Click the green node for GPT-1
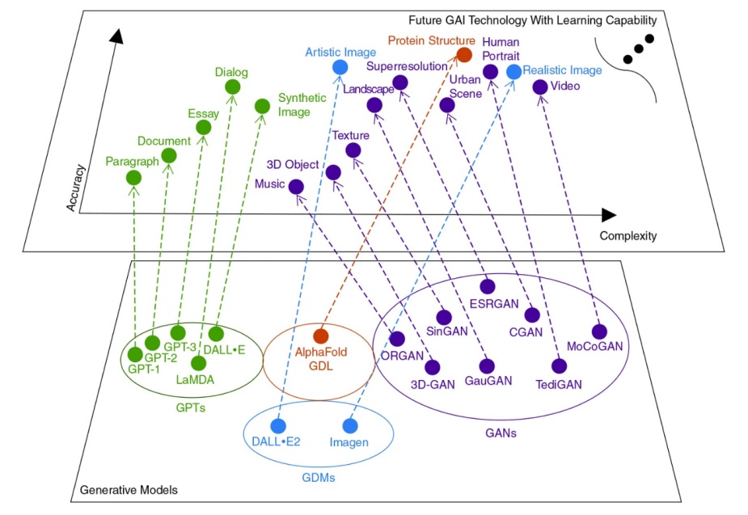135,353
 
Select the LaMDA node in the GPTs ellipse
198,363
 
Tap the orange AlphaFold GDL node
320,335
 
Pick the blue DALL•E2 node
278,425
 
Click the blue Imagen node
350,425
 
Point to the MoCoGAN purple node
598,331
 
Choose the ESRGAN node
488,286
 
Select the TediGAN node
559,365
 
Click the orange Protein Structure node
464,54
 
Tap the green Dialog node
232,87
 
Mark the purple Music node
296,187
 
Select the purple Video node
540,87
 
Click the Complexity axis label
628,236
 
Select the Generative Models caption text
129,491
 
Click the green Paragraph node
133,178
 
